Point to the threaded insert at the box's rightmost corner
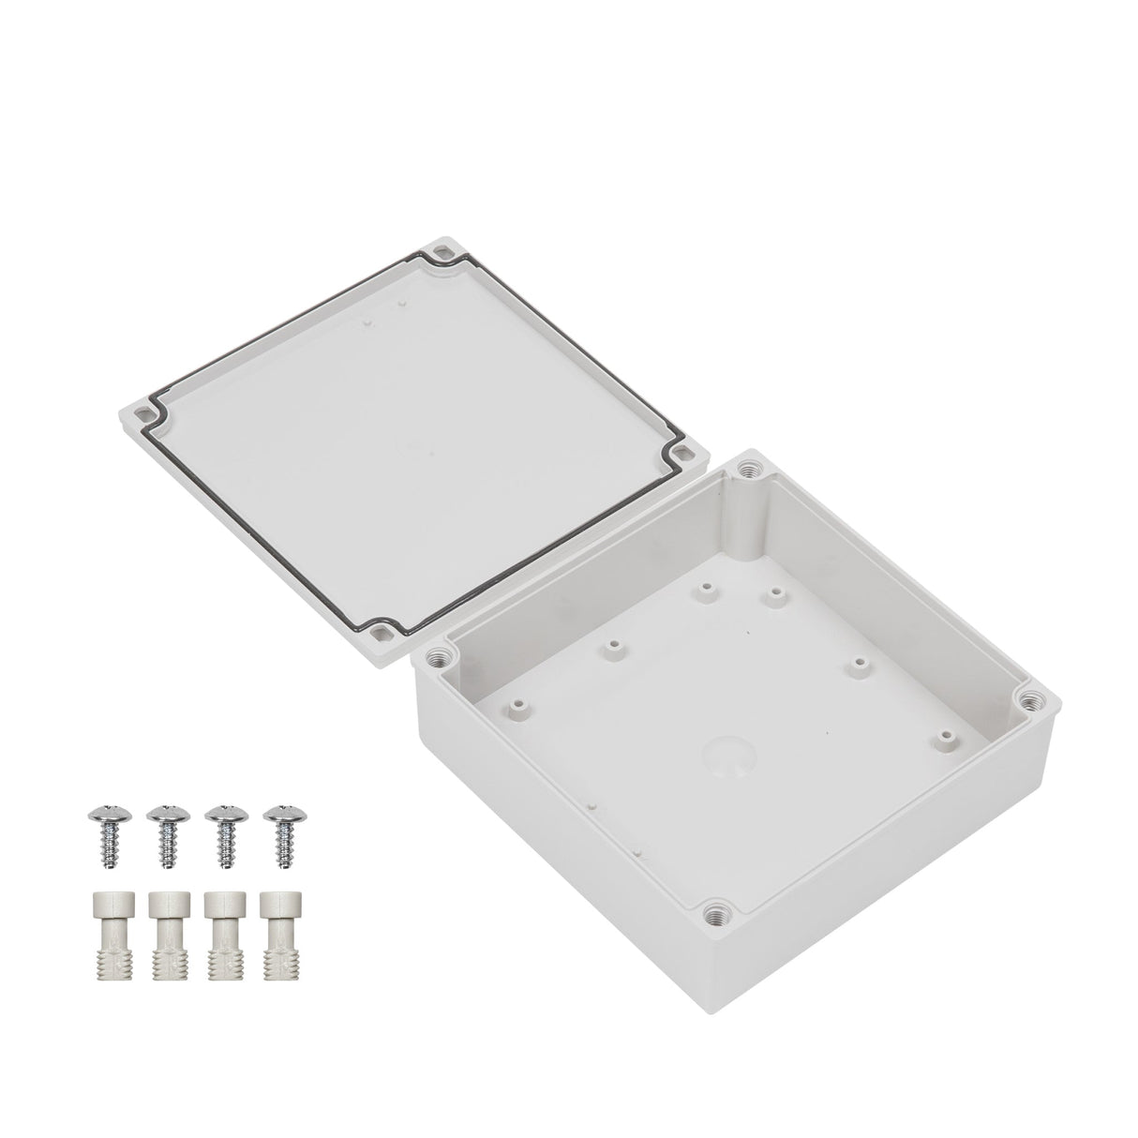[x=1032, y=698]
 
